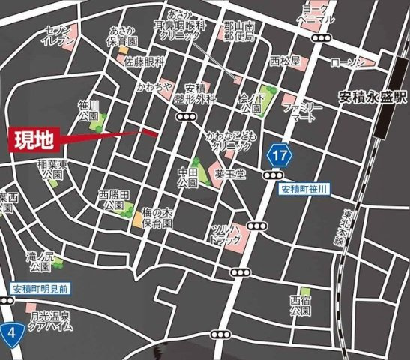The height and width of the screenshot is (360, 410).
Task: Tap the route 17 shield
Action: [279, 157]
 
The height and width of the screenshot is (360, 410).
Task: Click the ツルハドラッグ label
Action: [227, 233]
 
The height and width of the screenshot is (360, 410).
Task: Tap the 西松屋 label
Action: [285, 61]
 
